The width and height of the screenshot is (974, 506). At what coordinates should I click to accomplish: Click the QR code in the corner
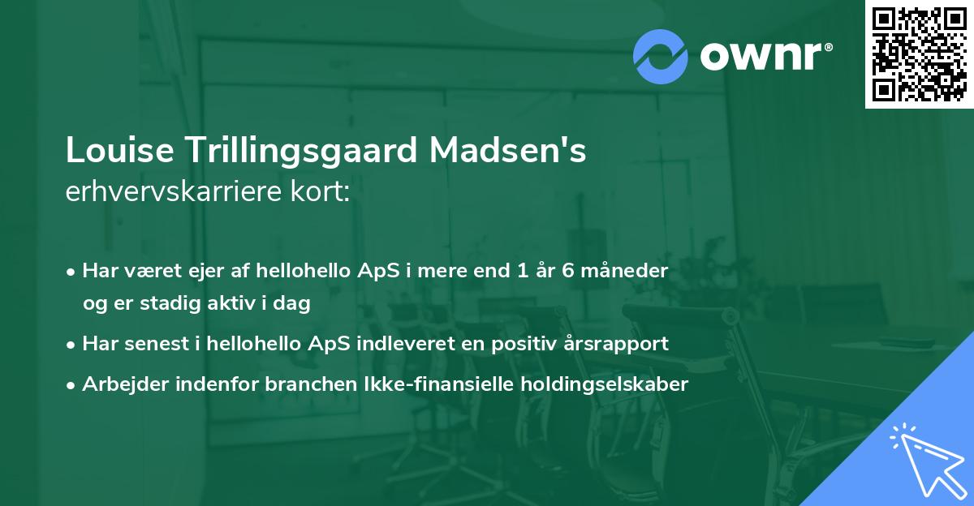pos(919,54)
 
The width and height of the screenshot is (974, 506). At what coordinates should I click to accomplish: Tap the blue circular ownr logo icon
pos(661,56)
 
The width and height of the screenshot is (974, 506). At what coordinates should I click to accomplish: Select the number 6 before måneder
pos(568,271)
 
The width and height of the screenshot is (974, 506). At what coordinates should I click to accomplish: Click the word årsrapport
pos(614,344)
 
